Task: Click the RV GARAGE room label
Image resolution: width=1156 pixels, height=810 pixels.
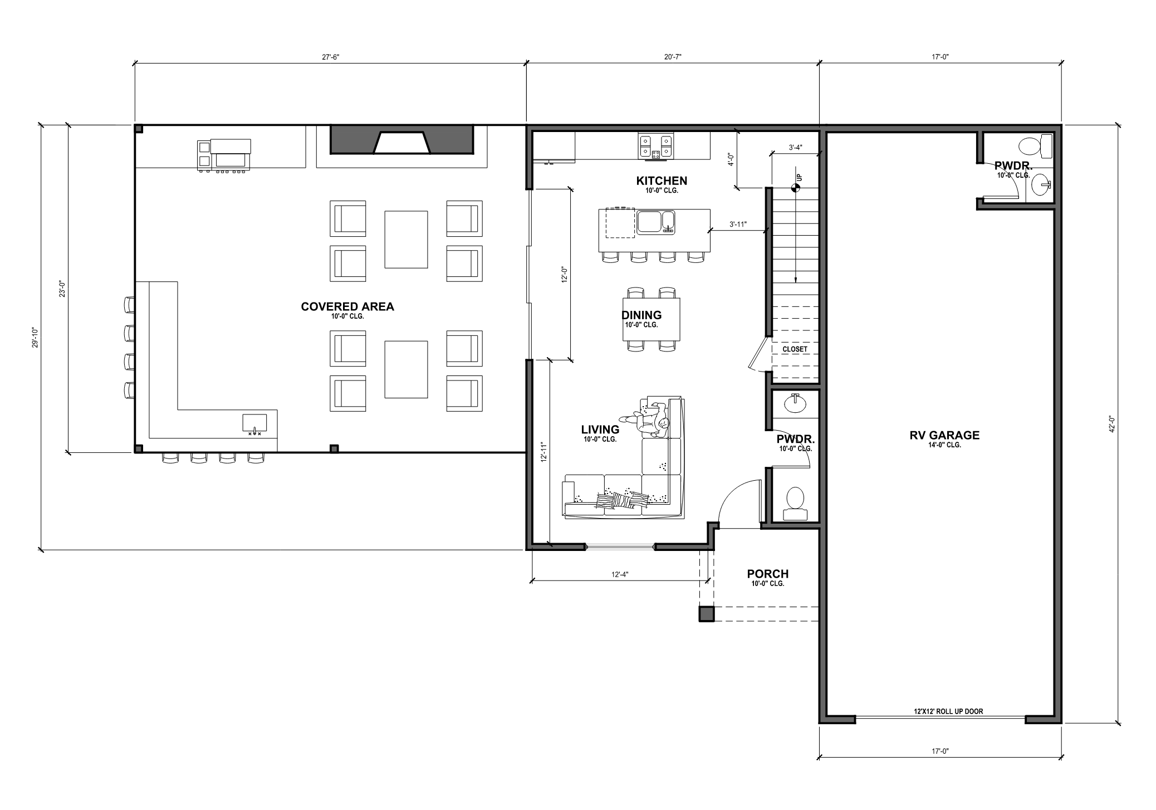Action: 944,435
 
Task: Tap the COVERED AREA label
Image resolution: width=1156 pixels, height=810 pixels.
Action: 347,306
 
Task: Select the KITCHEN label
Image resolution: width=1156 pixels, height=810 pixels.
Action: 662,180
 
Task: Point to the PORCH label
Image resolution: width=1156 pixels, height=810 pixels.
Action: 768,574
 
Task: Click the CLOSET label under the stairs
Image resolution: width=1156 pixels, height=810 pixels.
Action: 795,349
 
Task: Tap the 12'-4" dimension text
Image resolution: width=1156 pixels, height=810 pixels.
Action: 620,574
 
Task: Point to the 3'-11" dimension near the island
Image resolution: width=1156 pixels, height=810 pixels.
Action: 738,225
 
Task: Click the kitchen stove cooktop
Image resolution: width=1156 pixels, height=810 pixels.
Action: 656,147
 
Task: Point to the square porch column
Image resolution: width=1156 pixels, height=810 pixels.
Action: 707,613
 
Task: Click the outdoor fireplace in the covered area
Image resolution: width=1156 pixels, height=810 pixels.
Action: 401,139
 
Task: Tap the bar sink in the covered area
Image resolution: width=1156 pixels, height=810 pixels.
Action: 254,424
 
